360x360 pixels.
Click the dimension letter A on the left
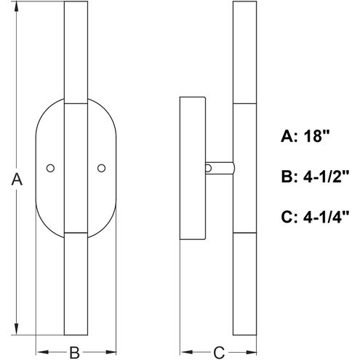(x=17, y=180)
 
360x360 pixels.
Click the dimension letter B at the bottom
(x=75, y=353)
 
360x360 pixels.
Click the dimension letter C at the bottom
(x=219, y=353)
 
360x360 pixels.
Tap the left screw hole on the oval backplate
(x=50, y=168)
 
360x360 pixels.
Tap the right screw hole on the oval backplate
(x=101, y=168)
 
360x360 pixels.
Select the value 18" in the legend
(x=316, y=136)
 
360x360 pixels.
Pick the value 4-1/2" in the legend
(x=326, y=176)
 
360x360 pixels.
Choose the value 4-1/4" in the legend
(x=326, y=217)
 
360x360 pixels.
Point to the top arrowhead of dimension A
(x=16, y=7)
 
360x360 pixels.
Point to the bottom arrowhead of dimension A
(x=16, y=330)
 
